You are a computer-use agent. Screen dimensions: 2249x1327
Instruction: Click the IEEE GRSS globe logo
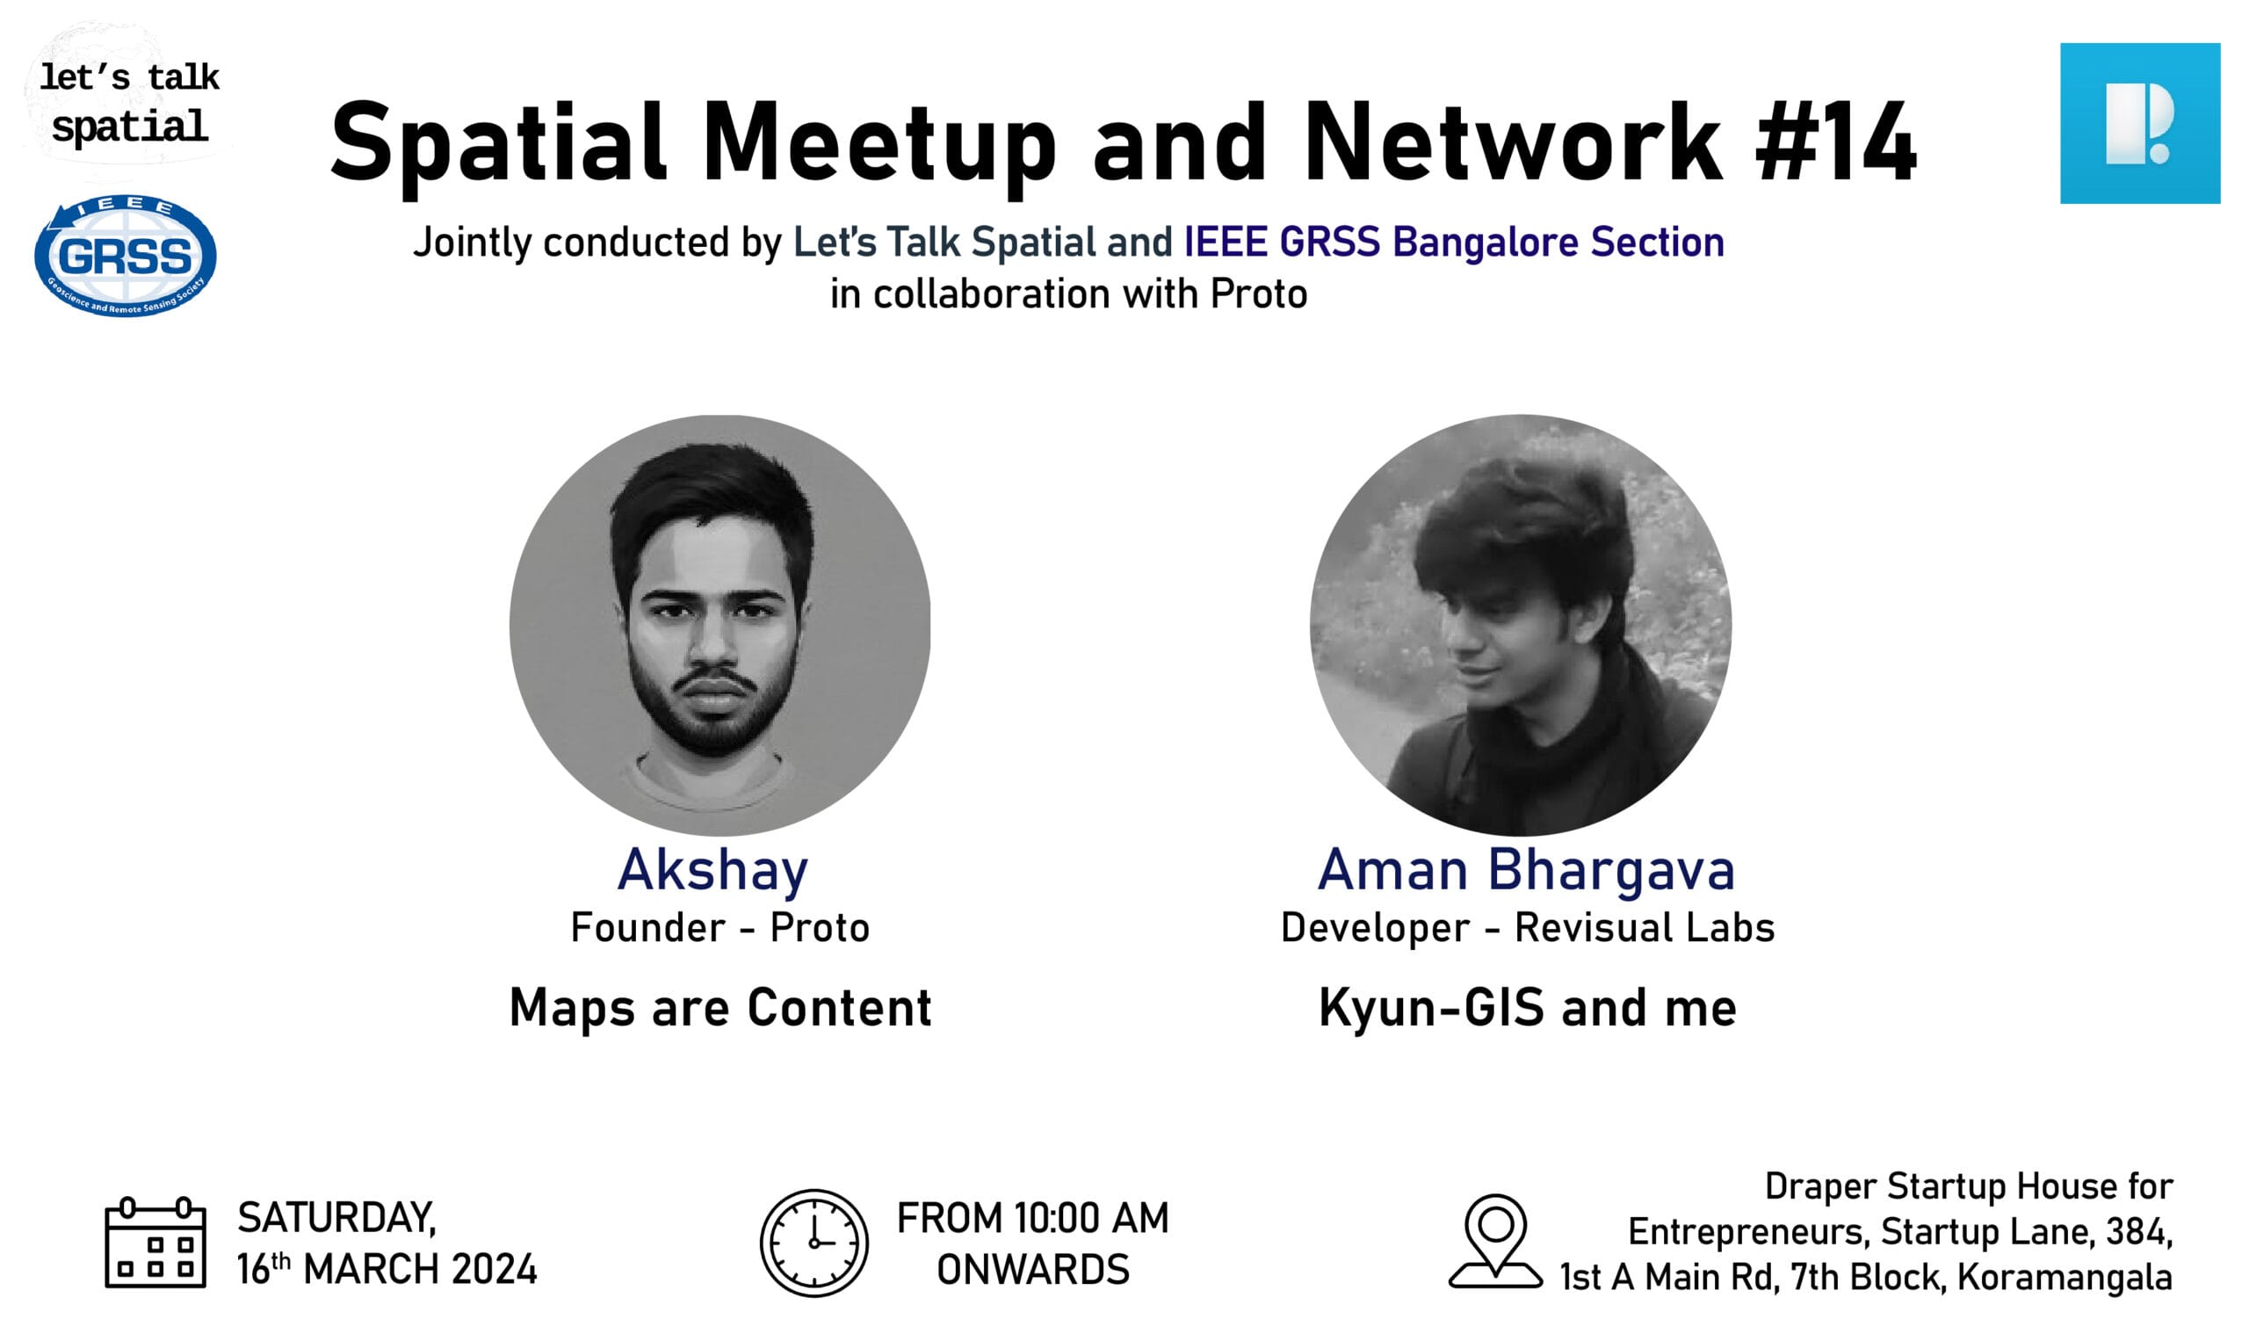[125, 255]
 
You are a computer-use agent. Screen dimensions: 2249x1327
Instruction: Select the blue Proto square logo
[2140, 123]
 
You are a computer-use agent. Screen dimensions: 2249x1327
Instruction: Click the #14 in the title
[1836, 141]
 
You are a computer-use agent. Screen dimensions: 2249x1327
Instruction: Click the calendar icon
[155, 1242]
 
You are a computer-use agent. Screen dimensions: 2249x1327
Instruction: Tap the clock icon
[814, 1243]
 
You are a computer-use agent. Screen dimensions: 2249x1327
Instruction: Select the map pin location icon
[1495, 1241]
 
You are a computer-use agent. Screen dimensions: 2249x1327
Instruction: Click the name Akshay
[712, 871]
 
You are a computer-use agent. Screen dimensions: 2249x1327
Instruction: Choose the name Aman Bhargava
[1527, 869]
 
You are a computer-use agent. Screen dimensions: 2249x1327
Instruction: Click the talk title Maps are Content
[720, 1008]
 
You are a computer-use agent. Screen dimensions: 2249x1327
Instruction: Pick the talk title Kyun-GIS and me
[1528, 1009]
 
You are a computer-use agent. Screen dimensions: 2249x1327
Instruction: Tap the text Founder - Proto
[720, 928]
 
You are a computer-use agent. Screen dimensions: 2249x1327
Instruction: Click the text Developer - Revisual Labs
[1528, 928]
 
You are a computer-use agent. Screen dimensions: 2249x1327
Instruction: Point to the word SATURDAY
[337, 1218]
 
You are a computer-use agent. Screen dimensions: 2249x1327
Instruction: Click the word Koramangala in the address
[2065, 1278]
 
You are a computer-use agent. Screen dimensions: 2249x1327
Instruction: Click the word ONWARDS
[1033, 1270]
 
